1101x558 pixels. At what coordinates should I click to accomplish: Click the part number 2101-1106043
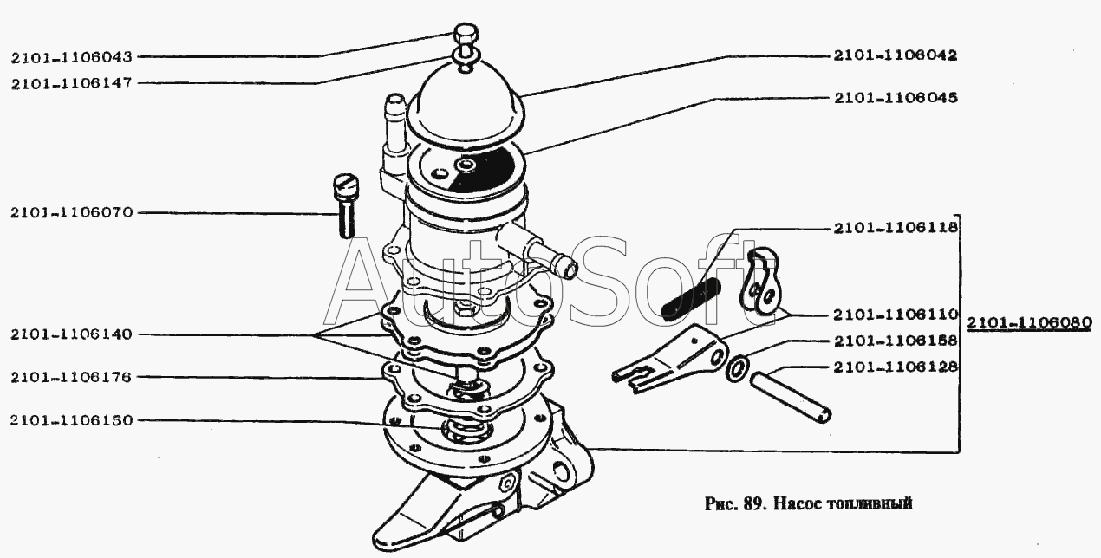click(72, 57)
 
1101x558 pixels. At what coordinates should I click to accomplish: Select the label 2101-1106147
click(72, 83)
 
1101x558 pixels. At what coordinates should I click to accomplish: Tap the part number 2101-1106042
click(896, 55)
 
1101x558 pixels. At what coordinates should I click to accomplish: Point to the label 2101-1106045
click(896, 98)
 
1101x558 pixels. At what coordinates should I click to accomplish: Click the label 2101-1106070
click(72, 212)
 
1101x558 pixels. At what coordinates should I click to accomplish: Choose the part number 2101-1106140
click(72, 334)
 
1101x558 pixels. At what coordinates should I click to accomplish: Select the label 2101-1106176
click(72, 377)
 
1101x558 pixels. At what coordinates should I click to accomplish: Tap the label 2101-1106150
click(72, 420)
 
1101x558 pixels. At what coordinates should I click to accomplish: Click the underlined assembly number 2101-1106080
click(1029, 322)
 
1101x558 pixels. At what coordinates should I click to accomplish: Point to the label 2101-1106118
click(896, 228)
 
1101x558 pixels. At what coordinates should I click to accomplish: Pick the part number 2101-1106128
click(896, 367)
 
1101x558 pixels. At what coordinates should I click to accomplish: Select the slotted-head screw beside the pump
click(347, 205)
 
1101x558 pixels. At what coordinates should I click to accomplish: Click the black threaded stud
click(691, 299)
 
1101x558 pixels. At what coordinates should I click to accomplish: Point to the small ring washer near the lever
click(737, 369)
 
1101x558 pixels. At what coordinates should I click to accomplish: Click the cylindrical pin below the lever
click(791, 398)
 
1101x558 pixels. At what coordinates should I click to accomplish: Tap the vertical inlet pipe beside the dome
click(394, 123)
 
